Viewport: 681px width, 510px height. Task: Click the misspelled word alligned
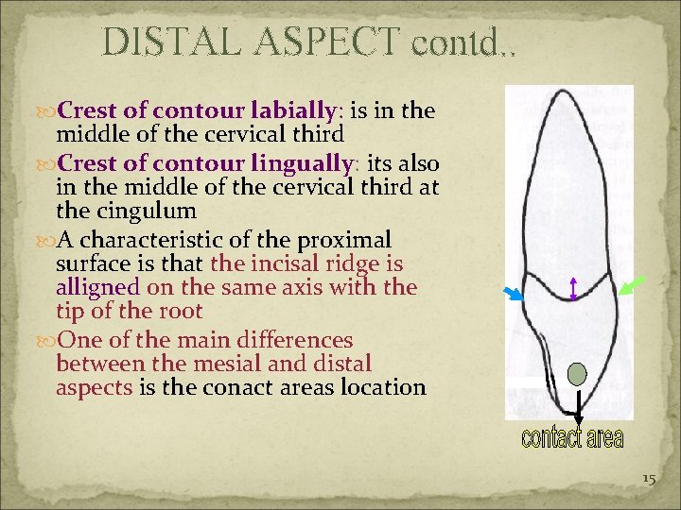click(98, 287)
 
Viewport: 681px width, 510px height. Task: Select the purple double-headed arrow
click(573, 288)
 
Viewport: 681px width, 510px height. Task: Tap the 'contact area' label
click(571, 438)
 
